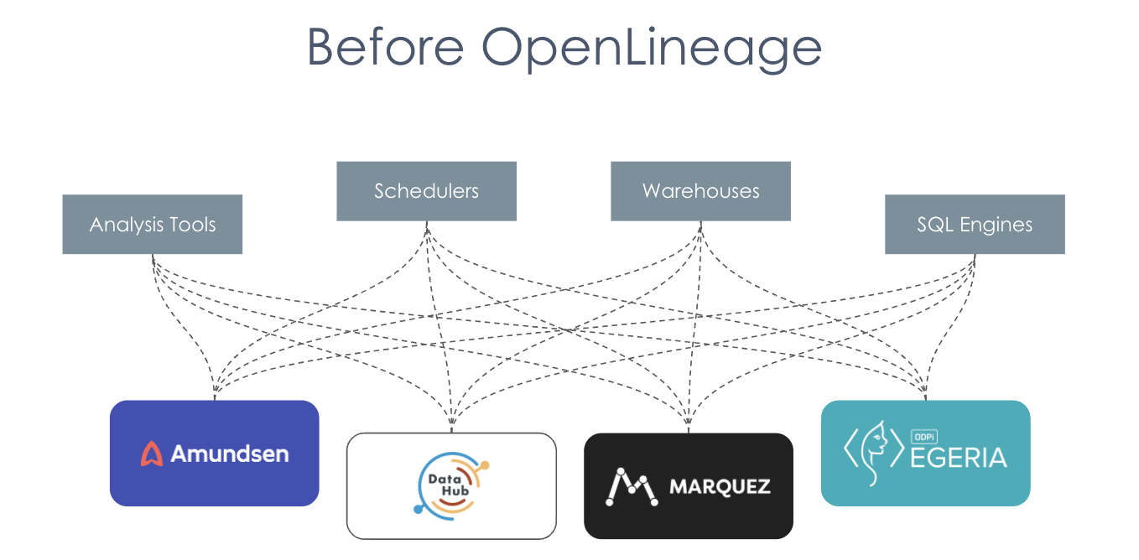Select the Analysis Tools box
pos(152,225)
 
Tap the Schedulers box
pos(426,191)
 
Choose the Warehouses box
pos(700,191)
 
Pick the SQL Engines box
pos(975,225)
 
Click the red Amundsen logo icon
pos(152,454)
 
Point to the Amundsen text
pos(229,454)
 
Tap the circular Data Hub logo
pos(451,485)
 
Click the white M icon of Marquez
pos(631,486)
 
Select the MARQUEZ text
pos(719,487)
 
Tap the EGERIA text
pos(958,458)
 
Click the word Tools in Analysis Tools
pos(195,225)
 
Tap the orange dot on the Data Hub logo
pos(484,464)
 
